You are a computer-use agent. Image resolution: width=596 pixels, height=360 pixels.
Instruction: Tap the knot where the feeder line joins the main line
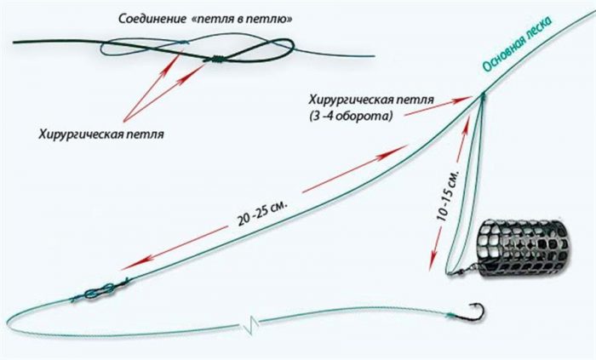482,95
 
